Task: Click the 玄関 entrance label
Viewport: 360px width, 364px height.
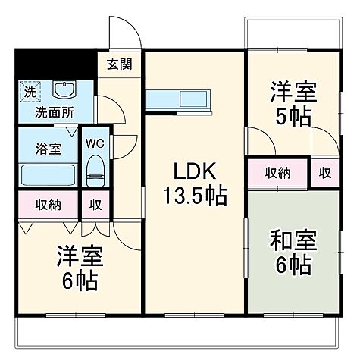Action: (119, 64)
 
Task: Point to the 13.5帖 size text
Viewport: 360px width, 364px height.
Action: (194, 196)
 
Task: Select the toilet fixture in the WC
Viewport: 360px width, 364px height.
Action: (95, 169)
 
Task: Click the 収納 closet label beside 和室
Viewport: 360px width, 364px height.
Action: (277, 173)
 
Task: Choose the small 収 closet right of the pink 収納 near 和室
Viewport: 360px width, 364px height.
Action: (324, 173)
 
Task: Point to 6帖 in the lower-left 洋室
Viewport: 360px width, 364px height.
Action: (79, 281)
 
